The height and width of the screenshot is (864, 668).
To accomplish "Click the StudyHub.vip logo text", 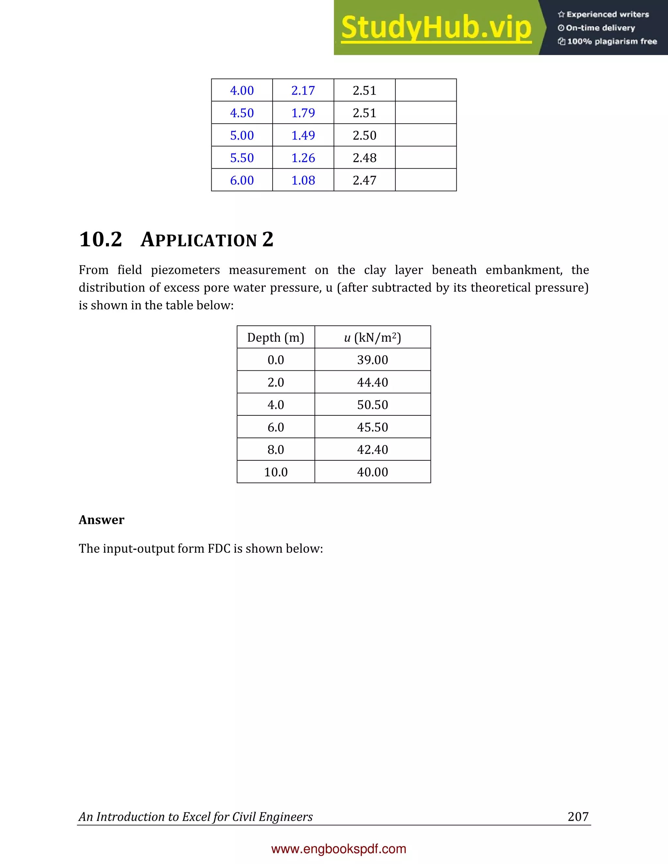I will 436,28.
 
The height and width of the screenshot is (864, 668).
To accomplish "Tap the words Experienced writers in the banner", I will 607,15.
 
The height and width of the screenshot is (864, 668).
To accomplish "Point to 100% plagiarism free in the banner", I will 612,41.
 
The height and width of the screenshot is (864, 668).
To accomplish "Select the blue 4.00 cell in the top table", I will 242,91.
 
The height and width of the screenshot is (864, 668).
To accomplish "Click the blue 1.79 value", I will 303,113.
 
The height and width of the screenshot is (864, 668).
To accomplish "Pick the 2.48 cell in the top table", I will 364,158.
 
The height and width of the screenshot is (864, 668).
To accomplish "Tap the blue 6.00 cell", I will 242,180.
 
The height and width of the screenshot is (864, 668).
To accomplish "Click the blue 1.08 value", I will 303,180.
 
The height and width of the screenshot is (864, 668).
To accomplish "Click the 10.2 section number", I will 100,240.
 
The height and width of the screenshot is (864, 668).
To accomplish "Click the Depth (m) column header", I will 276,337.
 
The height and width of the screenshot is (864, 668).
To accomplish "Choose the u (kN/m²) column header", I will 372,337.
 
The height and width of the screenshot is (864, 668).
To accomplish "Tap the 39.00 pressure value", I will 372,360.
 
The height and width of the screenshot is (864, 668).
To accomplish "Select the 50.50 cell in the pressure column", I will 372,405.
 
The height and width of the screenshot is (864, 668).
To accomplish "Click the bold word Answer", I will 101,520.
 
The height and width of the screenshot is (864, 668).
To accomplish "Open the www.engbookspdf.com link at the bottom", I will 339,849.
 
